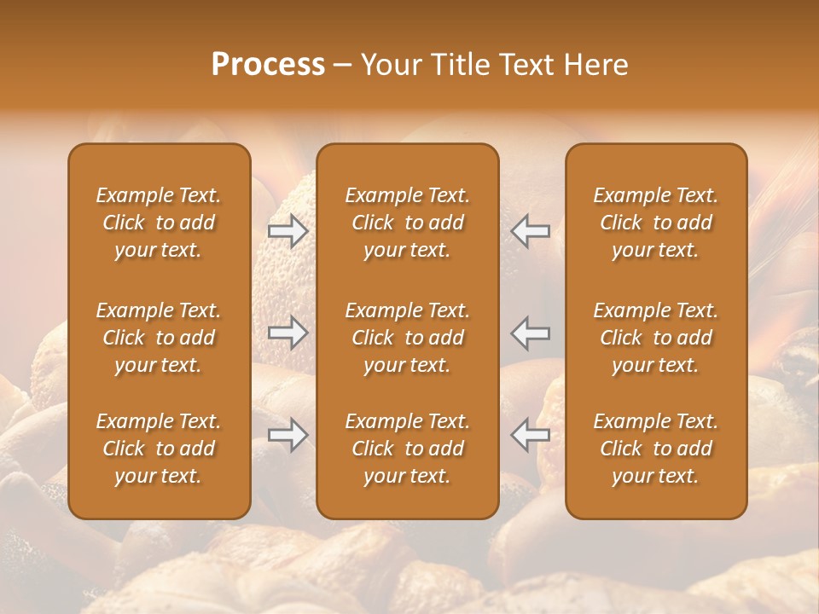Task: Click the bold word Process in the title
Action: [268, 65]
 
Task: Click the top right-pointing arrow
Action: [288, 230]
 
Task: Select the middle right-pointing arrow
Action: [288, 332]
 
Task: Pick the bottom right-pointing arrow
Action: [288, 435]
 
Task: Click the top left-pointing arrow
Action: [531, 230]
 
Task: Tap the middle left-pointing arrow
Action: [531, 332]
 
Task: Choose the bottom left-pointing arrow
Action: [531, 435]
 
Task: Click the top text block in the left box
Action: [159, 223]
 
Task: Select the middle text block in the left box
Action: [159, 338]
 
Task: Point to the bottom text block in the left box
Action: [159, 449]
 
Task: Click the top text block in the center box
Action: [407, 223]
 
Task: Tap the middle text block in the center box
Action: [407, 338]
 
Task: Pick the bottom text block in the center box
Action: [407, 449]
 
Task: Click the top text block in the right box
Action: [655, 223]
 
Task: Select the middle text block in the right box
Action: [655, 338]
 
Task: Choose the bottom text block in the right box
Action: [655, 449]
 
